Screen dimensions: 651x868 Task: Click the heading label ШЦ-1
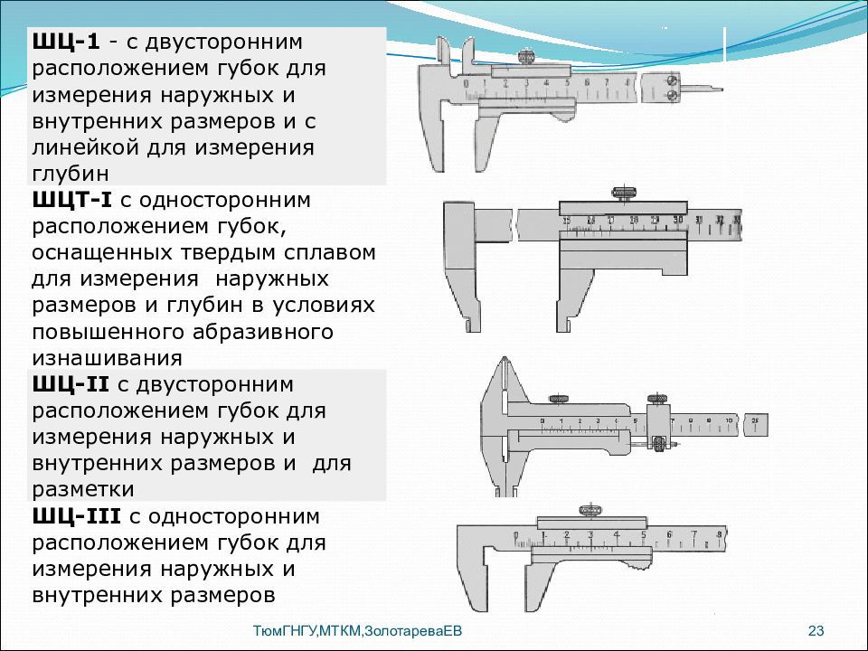coord(67,42)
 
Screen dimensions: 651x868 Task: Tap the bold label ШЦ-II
coord(71,384)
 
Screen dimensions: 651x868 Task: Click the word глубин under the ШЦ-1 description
coord(73,173)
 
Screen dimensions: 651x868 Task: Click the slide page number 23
coord(816,631)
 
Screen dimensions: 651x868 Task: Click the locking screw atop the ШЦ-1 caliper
coord(524,58)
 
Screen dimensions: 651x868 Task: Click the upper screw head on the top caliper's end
coord(671,79)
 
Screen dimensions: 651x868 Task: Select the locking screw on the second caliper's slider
coord(625,192)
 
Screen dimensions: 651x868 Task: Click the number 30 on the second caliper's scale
coord(678,219)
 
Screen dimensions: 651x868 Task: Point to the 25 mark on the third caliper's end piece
coord(756,420)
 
